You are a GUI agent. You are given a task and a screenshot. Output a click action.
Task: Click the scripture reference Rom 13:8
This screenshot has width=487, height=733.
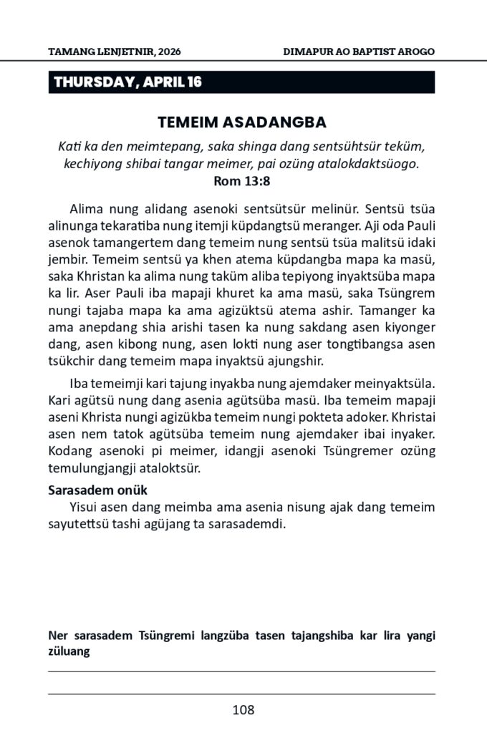[x=243, y=180]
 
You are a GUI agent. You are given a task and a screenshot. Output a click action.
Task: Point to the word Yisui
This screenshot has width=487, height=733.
[x=85, y=508]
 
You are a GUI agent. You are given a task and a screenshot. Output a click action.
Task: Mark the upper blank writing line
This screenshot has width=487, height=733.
[x=241, y=671]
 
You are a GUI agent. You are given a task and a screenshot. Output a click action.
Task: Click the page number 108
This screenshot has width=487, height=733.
[x=243, y=710]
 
